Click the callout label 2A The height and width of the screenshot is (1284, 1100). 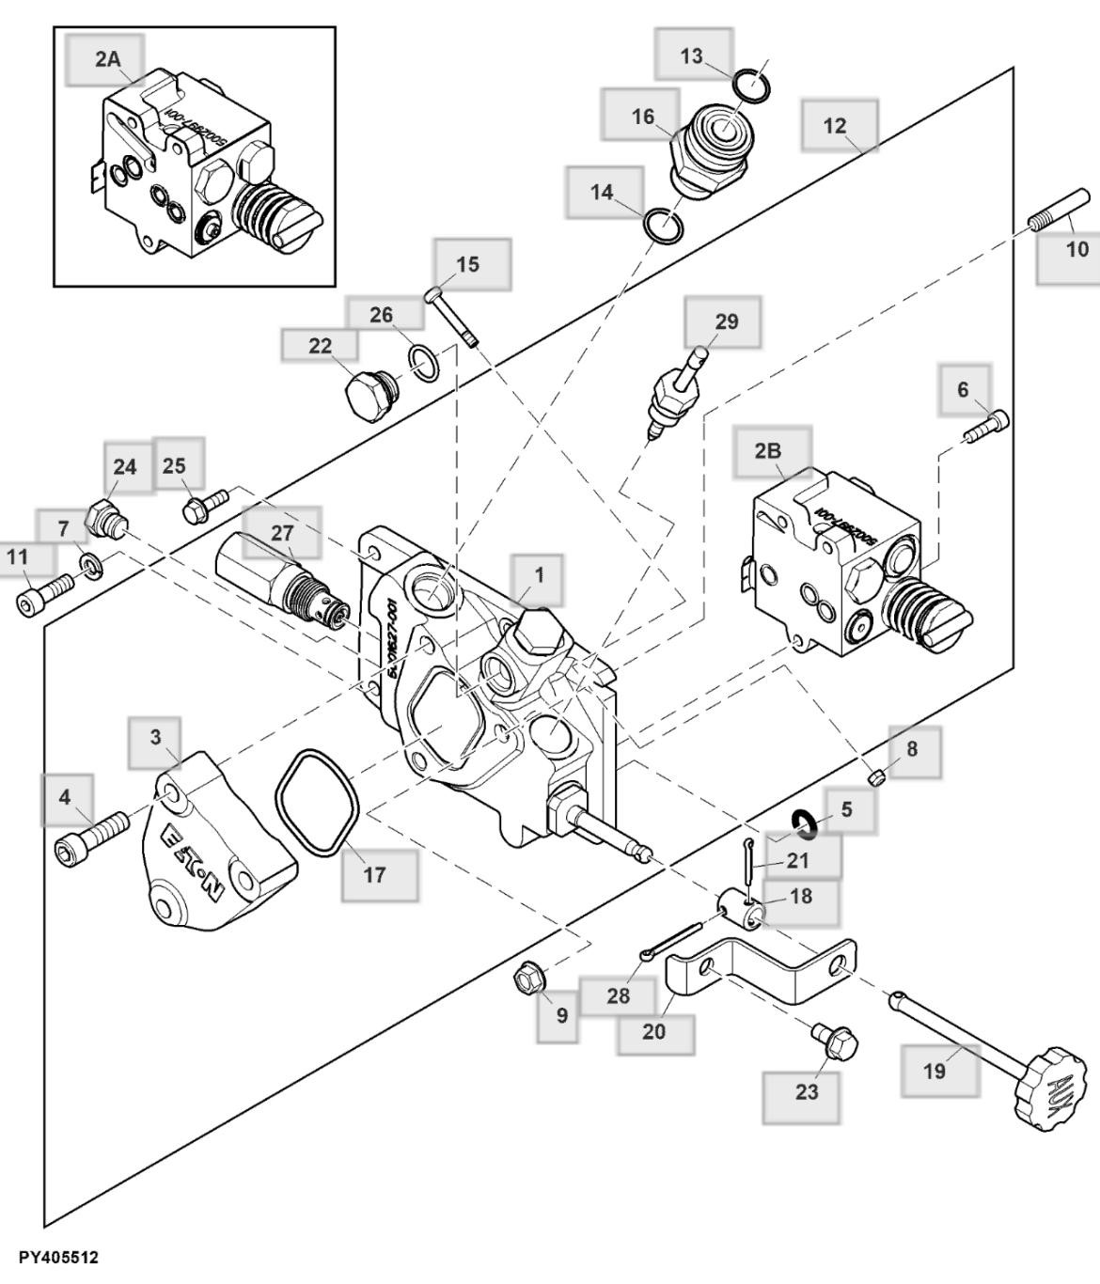pos(107,59)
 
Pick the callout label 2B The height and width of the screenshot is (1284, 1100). pos(769,450)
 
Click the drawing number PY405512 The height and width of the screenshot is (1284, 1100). pos(57,1258)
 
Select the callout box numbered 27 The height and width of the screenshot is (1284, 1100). pos(281,532)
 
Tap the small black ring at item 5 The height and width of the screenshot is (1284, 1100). pos(801,823)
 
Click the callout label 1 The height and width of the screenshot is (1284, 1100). pos(538,573)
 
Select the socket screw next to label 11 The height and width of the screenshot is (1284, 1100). pos(43,594)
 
